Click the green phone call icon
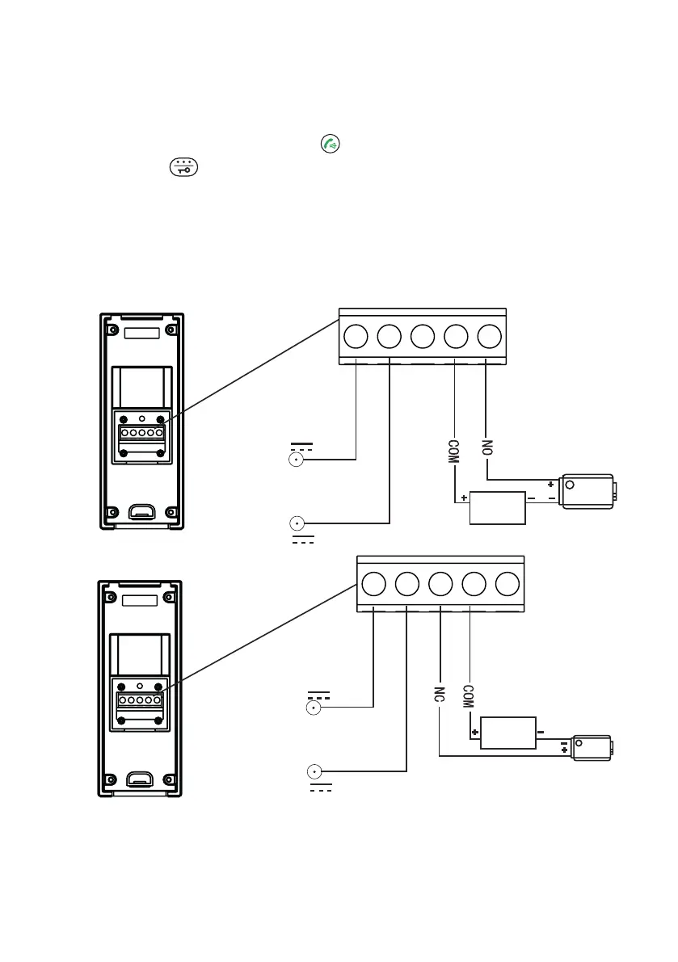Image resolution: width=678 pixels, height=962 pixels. point(329,145)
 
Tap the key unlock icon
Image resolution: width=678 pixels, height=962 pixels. point(183,167)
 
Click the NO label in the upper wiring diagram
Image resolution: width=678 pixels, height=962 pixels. point(486,447)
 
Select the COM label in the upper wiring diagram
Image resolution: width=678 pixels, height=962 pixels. point(454,450)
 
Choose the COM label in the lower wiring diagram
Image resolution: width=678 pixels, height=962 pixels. point(468,696)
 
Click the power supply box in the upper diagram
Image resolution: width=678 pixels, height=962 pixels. point(499,506)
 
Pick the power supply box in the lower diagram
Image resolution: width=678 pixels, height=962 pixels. point(508,733)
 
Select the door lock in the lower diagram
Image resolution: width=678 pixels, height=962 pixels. point(592,748)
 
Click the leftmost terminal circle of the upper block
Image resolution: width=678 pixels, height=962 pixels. point(356,336)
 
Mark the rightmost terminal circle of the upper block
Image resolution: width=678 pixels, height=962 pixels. point(489,336)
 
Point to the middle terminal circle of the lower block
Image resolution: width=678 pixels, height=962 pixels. point(440,583)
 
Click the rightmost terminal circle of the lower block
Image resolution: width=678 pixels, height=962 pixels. point(507,583)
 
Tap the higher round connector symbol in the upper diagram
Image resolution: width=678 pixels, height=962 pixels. point(297,460)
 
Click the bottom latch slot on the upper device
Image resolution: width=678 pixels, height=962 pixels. point(141,511)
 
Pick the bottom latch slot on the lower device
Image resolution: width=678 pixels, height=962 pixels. point(141,779)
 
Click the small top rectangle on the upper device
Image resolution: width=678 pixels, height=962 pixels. point(141,333)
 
